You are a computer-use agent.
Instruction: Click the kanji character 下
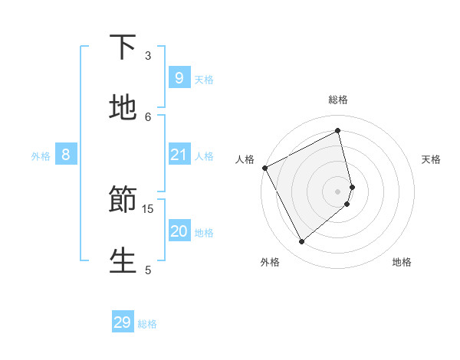123,47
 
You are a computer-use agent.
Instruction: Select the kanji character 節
123,200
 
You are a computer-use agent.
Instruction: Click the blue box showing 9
179,77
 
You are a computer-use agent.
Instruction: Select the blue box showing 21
179,155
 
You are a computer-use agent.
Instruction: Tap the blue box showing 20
179,231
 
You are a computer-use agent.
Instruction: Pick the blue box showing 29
123,322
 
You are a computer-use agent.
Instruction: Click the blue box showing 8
66,155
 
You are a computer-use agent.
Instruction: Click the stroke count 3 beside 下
148,55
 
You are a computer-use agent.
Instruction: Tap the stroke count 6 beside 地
148,116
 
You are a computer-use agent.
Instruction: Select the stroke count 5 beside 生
148,270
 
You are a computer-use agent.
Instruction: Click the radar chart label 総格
338,100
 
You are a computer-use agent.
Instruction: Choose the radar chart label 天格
431,159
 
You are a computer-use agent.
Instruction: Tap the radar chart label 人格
245,159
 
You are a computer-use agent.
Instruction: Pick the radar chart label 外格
270,262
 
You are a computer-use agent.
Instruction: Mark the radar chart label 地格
402,262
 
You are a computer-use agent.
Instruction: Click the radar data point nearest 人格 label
265,168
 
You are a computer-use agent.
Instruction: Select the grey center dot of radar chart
338,191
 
